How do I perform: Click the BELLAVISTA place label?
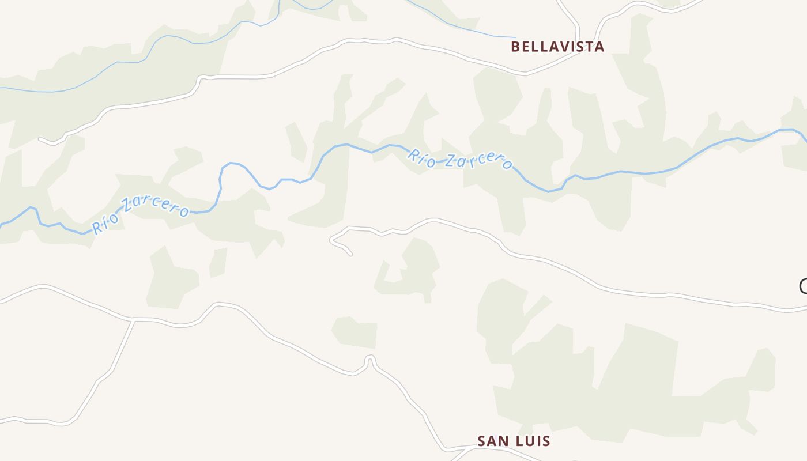[x=557, y=47]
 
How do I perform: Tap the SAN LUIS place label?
[x=514, y=441]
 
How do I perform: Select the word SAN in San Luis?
[x=492, y=441]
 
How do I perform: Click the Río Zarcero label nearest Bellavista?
[x=459, y=160]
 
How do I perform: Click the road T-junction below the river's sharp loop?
[x=134, y=319]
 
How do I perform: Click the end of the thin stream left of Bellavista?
[x=515, y=38]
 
